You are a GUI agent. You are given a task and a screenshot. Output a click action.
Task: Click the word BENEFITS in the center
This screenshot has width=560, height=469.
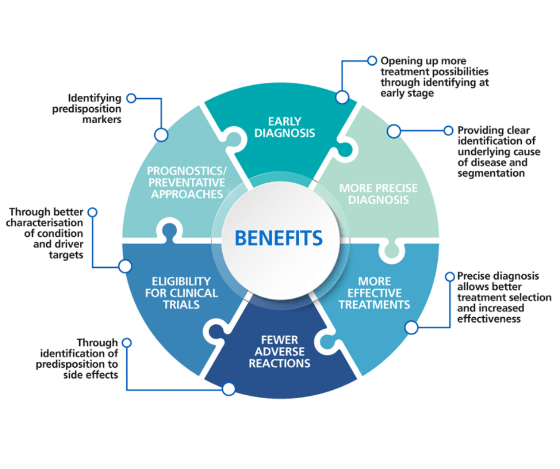[x=279, y=238]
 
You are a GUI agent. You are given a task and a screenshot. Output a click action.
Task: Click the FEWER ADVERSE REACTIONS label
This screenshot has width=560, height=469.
[x=279, y=351]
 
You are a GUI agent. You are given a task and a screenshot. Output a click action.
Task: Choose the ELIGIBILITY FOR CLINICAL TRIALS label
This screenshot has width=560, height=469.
[x=181, y=293]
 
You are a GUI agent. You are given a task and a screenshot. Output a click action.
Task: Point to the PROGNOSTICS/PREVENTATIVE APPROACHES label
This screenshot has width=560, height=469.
[x=186, y=182]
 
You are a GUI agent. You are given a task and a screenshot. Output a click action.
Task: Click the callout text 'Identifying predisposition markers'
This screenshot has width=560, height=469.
[x=94, y=108]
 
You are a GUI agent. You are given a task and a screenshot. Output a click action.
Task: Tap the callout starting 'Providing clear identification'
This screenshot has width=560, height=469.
[x=499, y=151]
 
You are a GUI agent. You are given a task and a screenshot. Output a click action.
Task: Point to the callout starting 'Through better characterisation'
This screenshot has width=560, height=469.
[x=48, y=233]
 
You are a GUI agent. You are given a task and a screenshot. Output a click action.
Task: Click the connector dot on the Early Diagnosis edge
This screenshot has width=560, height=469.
[x=342, y=96]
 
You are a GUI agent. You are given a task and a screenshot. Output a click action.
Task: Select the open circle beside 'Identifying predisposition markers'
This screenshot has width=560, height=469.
[x=132, y=98]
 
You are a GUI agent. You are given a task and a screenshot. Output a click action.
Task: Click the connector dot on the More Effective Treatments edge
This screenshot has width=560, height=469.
[x=410, y=327]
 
